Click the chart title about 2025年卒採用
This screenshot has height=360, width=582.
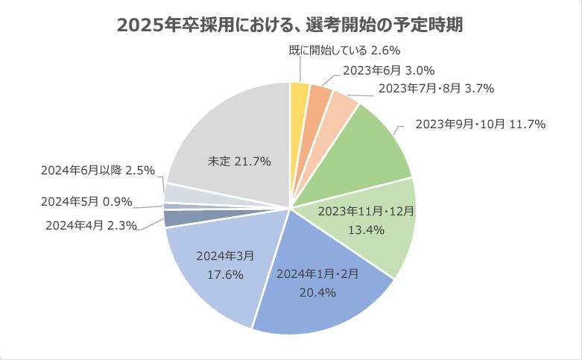pos(291,25)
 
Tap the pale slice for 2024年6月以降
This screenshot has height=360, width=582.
pos(179,193)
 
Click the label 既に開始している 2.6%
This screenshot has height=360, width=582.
pos(345,51)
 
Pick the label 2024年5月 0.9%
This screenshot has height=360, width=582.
pos(86,200)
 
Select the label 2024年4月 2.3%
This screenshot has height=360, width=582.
pos(91,224)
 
